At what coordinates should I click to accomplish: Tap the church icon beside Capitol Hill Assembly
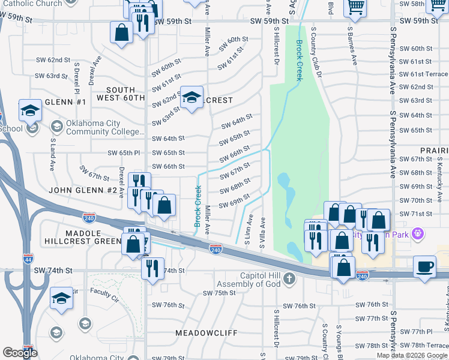tap(289, 278)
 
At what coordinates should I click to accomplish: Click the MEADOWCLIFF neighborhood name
tap(206, 332)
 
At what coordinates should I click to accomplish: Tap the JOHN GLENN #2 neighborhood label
tap(83, 190)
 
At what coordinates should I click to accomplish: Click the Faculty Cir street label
tap(105, 293)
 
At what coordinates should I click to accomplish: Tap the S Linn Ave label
tap(247, 229)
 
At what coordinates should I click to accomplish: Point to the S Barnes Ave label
tap(354, 47)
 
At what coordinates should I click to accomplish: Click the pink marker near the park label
tap(419, 233)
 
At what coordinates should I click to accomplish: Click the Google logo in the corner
tap(19, 353)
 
